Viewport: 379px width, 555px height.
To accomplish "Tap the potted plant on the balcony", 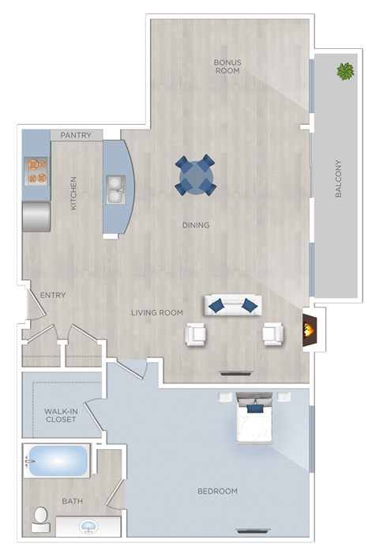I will [x=345, y=72].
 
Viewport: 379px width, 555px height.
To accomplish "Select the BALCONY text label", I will [x=339, y=179].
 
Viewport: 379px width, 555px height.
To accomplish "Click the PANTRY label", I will [x=77, y=135].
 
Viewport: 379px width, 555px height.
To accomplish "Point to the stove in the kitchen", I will [x=36, y=171].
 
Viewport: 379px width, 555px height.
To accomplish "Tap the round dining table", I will [x=195, y=175].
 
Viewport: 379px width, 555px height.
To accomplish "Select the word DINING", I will [x=196, y=225].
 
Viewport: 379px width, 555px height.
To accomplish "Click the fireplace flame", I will [x=311, y=327].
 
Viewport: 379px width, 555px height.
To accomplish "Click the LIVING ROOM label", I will [x=157, y=313].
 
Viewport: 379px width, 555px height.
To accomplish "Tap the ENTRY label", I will [x=53, y=296].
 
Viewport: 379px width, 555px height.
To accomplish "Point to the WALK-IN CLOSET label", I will [x=61, y=415].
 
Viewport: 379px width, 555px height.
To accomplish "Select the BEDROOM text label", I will [x=217, y=492].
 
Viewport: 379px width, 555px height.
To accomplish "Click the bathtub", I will [x=56, y=461].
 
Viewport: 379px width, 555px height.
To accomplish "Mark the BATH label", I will [x=73, y=501].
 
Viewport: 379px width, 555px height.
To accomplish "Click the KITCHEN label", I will [x=73, y=193].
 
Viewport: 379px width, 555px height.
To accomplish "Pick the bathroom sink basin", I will [x=88, y=527].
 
